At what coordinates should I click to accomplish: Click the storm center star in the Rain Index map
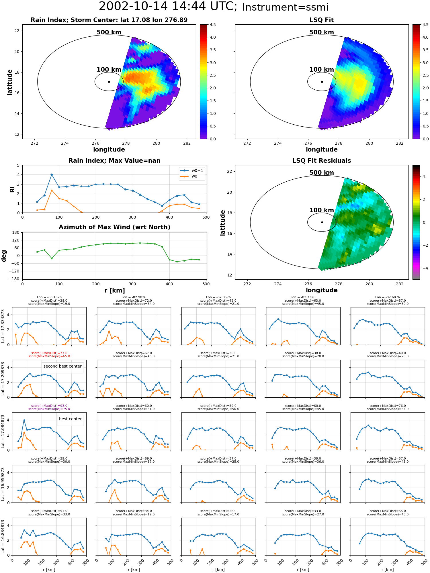(x=109, y=82)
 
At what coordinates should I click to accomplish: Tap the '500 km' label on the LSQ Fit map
(x=322, y=32)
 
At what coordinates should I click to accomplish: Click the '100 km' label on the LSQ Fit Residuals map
(x=322, y=210)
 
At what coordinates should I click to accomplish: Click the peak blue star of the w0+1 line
(x=52, y=174)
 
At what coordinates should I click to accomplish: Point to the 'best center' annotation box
(x=70, y=419)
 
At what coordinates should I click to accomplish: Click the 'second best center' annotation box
(x=62, y=366)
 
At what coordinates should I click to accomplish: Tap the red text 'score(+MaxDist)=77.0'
(x=49, y=353)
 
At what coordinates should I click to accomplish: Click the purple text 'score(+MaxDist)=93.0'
(x=49, y=406)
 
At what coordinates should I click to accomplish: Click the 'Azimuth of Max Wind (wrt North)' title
(x=114, y=227)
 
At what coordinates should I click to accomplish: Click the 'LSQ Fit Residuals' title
(x=322, y=161)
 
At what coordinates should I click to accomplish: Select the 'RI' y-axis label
(x=12, y=189)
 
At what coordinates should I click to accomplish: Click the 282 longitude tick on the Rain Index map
(x=187, y=144)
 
